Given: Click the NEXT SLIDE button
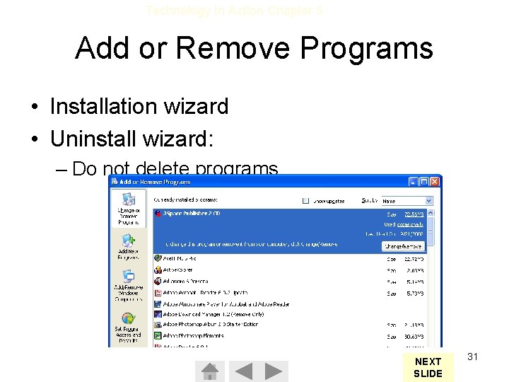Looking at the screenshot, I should tap(428, 367).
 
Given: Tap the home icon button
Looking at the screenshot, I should tap(209, 371).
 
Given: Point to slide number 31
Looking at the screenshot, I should tap(473, 357).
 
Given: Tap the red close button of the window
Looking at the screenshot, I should tap(435, 181).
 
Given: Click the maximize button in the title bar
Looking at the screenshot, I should tap(425, 181).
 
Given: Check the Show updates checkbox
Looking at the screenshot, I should tap(306, 201).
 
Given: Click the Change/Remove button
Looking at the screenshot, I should tap(404, 246).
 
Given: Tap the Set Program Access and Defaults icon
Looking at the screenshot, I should tap(128, 325).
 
